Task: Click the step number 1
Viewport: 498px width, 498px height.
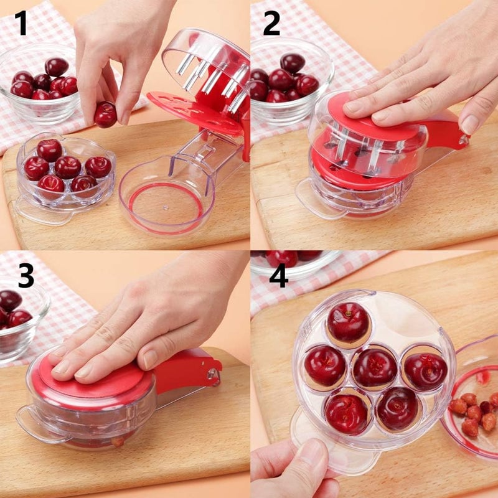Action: [22, 23]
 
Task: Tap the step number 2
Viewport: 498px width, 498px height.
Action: [272, 23]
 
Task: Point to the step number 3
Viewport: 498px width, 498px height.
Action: [26, 275]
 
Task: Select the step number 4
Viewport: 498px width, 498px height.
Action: [278, 275]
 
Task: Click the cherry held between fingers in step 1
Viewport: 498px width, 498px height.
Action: [105, 115]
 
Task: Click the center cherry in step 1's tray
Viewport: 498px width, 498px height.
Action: [67, 167]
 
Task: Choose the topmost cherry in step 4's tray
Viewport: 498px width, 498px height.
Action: [348, 322]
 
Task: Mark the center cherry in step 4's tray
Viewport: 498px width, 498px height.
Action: [375, 367]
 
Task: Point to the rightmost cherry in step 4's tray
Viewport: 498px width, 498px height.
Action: [425, 372]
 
